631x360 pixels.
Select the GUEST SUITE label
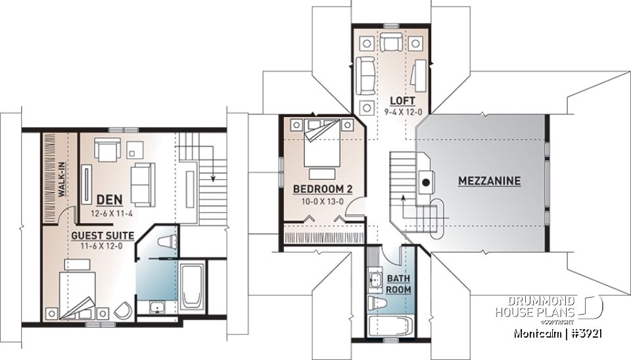[103, 235]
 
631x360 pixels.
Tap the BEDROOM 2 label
[323, 189]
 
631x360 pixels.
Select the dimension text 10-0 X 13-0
[323, 202]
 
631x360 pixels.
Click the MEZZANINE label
[489, 181]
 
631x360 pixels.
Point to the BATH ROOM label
[398, 283]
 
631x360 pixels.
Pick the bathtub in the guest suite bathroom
[192, 288]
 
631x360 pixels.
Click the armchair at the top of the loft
[393, 44]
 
